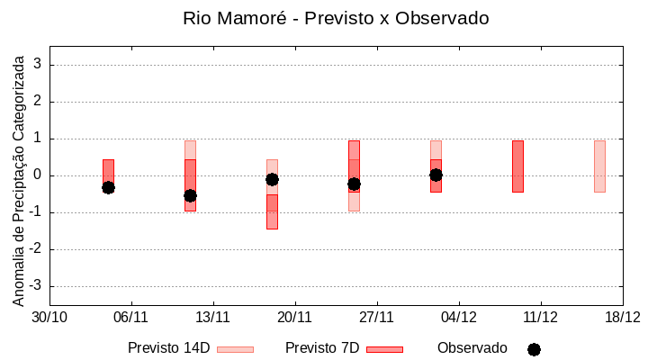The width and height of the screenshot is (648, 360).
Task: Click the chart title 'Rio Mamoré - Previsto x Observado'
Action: tap(336, 18)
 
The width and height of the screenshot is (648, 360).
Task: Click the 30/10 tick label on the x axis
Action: tap(49, 317)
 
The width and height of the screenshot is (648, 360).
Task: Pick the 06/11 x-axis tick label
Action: tap(131, 317)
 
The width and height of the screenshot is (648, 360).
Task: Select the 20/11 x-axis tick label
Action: tap(295, 317)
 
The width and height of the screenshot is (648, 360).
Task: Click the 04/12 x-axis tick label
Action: tap(459, 317)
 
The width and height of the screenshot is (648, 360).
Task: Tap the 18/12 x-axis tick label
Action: tap(622, 317)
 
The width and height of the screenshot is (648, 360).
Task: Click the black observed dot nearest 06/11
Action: tap(108, 187)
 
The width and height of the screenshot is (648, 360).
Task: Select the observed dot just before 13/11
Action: tap(190, 195)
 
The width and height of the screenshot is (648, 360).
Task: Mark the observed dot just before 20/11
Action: tap(272, 179)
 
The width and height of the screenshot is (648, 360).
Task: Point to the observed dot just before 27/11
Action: tap(354, 184)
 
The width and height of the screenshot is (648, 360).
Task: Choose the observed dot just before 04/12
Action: tap(436, 175)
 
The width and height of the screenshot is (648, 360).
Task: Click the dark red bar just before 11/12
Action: tap(517, 166)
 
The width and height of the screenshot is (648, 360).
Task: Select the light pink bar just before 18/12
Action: tap(599, 166)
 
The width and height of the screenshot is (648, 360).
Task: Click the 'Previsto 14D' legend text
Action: tap(168, 348)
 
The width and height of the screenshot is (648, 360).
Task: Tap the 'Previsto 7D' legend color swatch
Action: tap(384, 349)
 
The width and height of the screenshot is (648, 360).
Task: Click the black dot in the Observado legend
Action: tap(534, 349)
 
